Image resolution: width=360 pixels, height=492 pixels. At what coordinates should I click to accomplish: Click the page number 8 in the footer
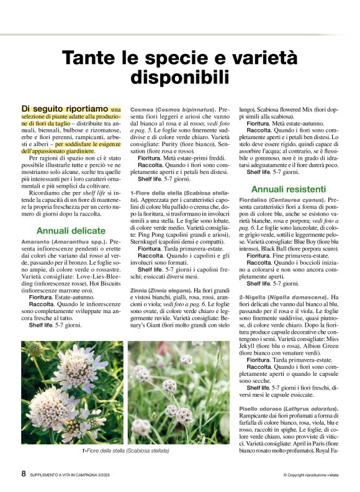coord(24,473)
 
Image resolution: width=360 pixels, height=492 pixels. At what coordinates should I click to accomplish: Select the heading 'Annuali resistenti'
coord(289,188)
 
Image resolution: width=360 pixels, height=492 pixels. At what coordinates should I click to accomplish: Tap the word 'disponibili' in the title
coord(180,79)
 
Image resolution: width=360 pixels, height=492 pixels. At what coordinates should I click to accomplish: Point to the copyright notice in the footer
coord(313,475)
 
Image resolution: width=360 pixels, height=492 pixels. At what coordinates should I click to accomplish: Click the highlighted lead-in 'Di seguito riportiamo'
coord(65,109)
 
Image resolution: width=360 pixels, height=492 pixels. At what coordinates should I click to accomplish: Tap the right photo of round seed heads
coord(179,392)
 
